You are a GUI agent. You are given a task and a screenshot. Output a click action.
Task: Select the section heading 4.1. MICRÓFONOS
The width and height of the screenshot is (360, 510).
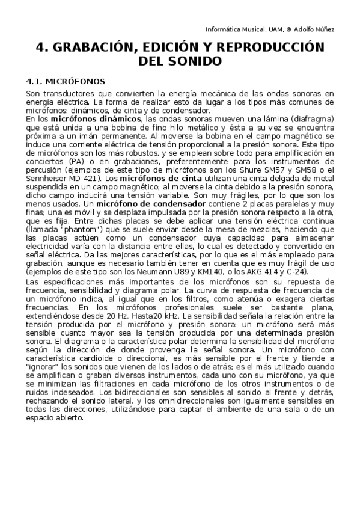point(66,81)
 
